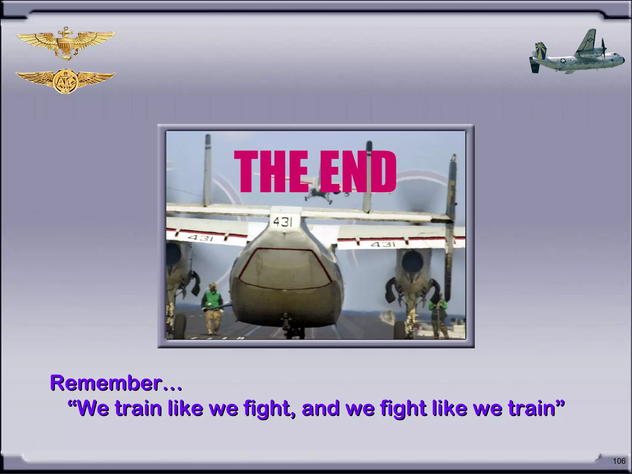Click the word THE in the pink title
coord(271,171)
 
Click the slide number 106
coord(619,461)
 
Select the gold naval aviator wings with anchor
coord(66,43)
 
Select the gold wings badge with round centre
coord(65,81)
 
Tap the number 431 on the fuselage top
coord(283,221)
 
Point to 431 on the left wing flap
coord(200,238)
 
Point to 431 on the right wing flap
coord(383,244)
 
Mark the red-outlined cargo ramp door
coord(285,268)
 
